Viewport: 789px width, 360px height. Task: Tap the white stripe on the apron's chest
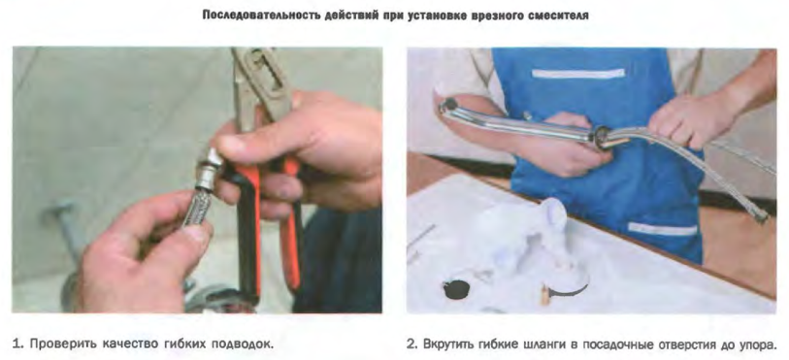tap(577, 74)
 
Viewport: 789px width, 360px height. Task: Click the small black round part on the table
tap(456, 288)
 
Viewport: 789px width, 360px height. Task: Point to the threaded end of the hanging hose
tap(760, 216)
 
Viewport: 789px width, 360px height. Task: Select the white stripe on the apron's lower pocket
tap(662, 229)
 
